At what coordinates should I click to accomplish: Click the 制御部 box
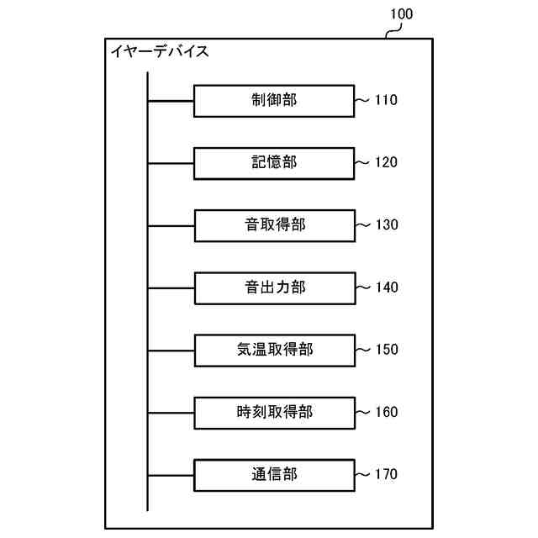click(x=274, y=101)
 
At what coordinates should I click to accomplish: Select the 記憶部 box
click(x=274, y=163)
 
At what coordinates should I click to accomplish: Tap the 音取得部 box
click(x=274, y=225)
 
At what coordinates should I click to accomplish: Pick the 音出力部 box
click(x=274, y=287)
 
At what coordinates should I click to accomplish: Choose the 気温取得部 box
click(x=274, y=350)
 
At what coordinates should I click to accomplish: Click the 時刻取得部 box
click(x=274, y=412)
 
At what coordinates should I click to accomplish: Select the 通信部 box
click(x=274, y=474)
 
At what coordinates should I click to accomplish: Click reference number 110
click(x=386, y=101)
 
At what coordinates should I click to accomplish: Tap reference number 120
click(x=386, y=163)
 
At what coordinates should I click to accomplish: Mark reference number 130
click(x=386, y=225)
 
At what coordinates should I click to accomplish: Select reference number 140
click(x=386, y=287)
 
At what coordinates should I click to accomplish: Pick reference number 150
click(x=386, y=350)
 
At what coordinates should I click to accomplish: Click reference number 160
click(x=386, y=412)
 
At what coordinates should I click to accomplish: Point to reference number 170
click(x=386, y=474)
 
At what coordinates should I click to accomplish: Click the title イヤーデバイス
click(x=159, y=52)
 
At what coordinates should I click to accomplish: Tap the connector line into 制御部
click(x=171, y=102)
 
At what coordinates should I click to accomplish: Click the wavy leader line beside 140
click(x=363, y=287)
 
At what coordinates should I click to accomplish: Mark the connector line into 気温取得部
click(x=171, y=350)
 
